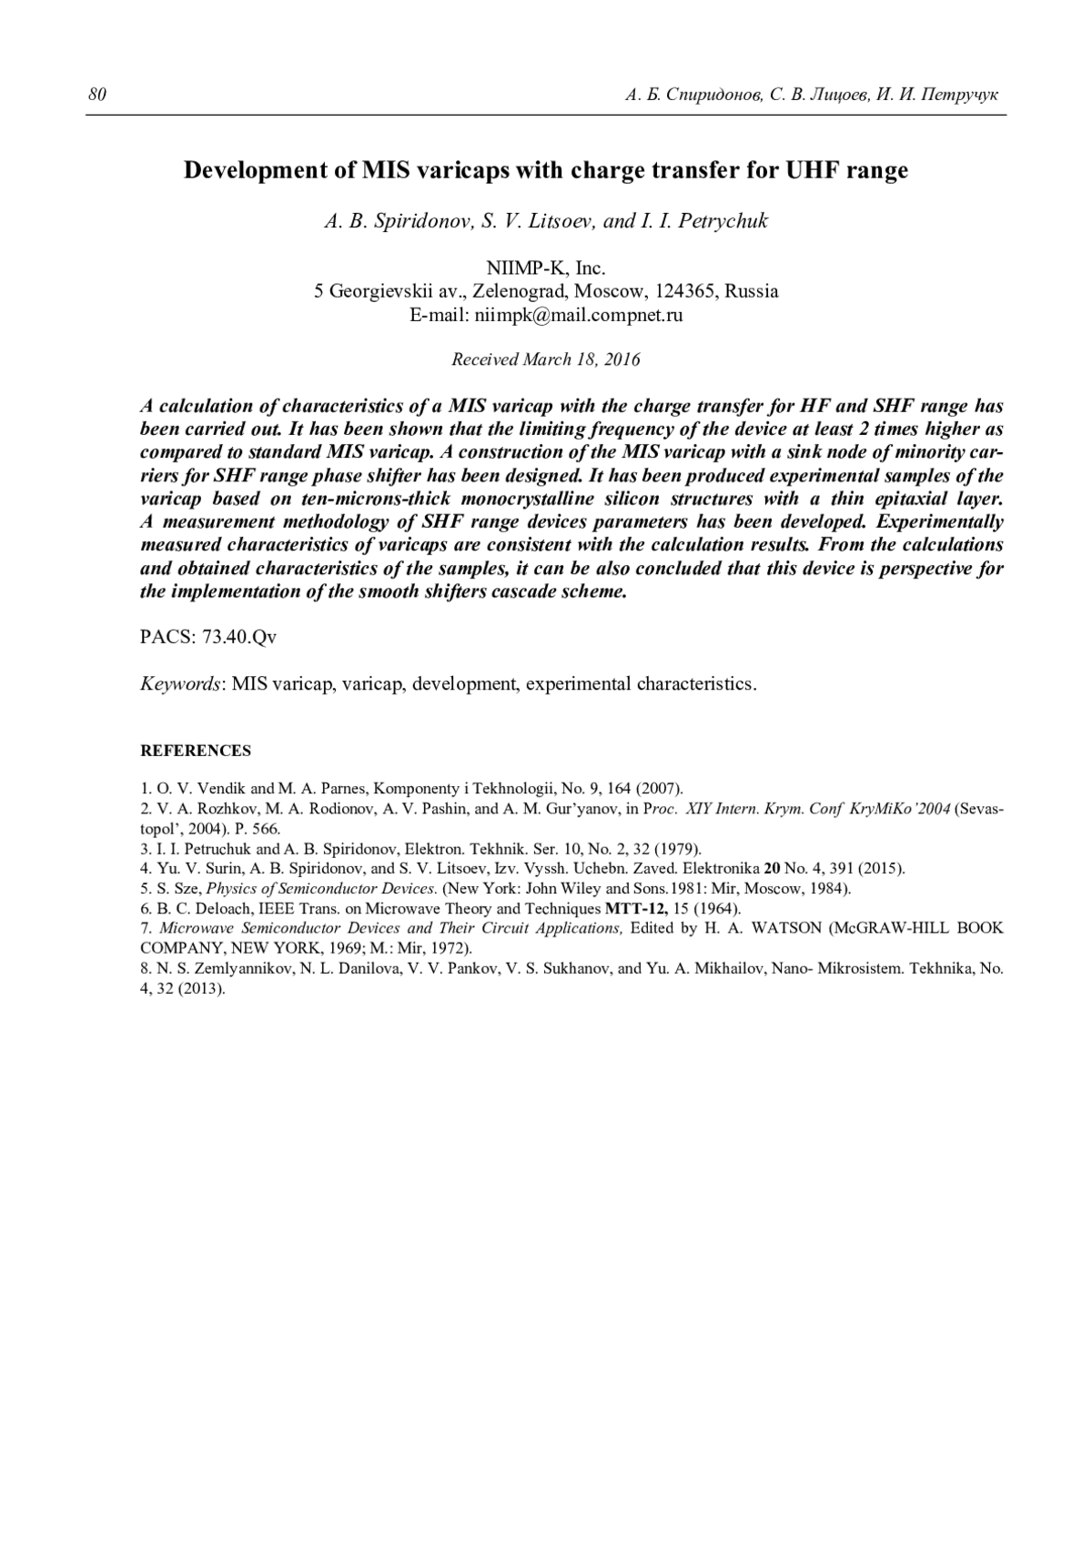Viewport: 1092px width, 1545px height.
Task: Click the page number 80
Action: pyautogui.click(x=96, y=95)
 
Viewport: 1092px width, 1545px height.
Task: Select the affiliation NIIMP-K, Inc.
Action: pyautogui.click(x=546, y=268)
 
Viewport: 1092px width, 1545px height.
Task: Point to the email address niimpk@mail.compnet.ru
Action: pyautogui.click(x=576, y=315)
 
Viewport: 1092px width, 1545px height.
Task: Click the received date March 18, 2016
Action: pyautogui.click(x=581, y=359)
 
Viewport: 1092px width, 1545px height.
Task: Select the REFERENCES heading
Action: pyautogui.click(x=196, y=751)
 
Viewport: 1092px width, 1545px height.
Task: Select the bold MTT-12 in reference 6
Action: pyautogui.click(x=637, y=908)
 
